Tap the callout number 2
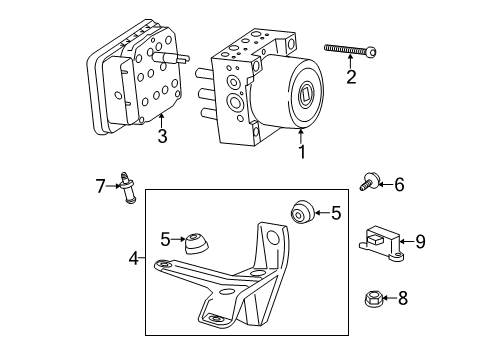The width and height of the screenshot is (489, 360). (x=350, y=76)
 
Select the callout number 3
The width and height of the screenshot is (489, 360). (x=162, y=136)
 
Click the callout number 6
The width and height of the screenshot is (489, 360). (x=399, y=184)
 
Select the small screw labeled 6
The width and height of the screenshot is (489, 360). (x=369, y=182)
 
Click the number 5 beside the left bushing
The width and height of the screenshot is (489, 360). (x=165, y=239)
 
